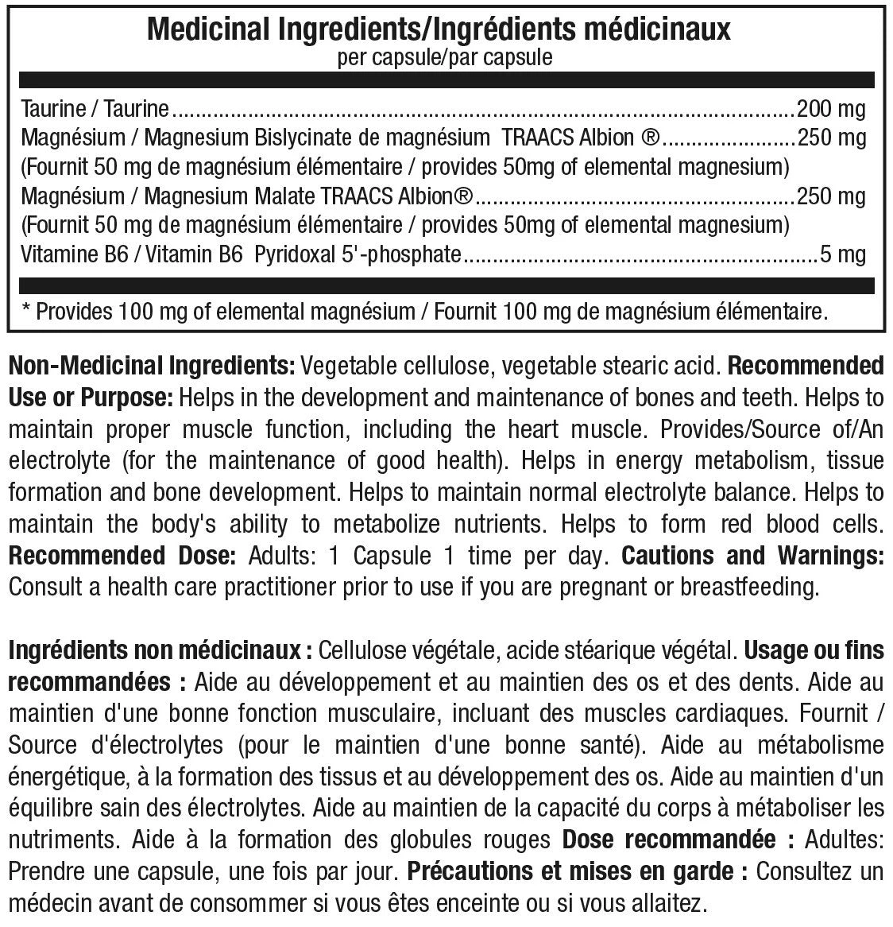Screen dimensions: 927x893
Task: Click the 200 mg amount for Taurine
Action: tap(830, 109)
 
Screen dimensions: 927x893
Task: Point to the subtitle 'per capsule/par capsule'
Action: tap(445, 58)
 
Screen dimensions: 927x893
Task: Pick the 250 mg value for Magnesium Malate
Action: tap(830, 196)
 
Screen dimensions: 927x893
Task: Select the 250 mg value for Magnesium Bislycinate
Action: tap(830, 138)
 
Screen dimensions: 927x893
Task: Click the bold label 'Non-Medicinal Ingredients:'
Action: tap(152, 367)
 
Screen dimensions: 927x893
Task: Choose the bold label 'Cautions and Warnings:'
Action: tap(752, 555)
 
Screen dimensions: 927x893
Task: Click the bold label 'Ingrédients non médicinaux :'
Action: tap(159, 651)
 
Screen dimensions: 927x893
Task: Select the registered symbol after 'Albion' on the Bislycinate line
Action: tap(649, 138)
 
